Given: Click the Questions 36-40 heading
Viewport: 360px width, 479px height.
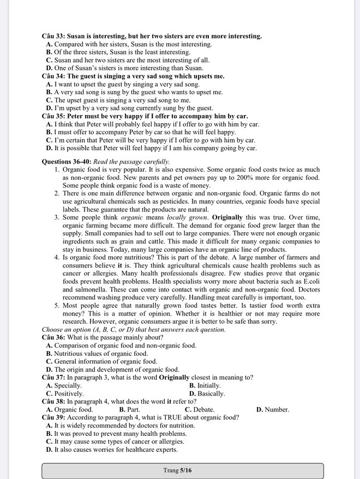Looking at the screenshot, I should coord(66,162).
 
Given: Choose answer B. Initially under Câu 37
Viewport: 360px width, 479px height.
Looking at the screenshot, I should coord(205,385).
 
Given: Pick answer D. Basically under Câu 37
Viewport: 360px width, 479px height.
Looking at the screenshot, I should coord(207,393).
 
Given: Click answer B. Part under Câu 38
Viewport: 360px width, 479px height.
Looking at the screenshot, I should coord(129,409).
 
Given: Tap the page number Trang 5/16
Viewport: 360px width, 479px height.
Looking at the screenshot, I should coord(177,470).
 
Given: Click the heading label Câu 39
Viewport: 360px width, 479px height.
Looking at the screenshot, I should coord(53,417).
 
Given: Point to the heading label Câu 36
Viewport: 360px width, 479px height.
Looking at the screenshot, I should coord(53,337).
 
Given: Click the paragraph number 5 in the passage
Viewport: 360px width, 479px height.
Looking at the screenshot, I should coord(57,305).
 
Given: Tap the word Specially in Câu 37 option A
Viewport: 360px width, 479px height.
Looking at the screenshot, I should coord(68,385).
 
